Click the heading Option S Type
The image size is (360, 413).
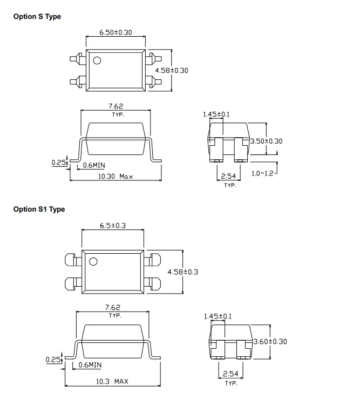pyautogui.click(x=37, y=17)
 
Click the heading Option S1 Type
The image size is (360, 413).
pyautogui.click(x=39, y=209)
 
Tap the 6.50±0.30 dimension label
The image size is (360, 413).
pyautogui.click(x=116, y=32)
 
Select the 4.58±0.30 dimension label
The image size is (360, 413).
pyautogui.click(x=172, y=71)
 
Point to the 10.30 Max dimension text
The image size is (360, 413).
pyautogui.click(x=116, y=176)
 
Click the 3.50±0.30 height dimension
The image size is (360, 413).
pyautogui.click(x=266, y=141)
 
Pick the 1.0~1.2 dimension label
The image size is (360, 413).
pyautogui.click(x=262, y=173)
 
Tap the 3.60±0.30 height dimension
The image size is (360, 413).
pyautogui.click(x=270, y=342)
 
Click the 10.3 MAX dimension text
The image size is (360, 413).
pyautogui.click(x=112, y=381)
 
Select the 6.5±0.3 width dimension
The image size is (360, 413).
pyautogui.click(x=113, y=226)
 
